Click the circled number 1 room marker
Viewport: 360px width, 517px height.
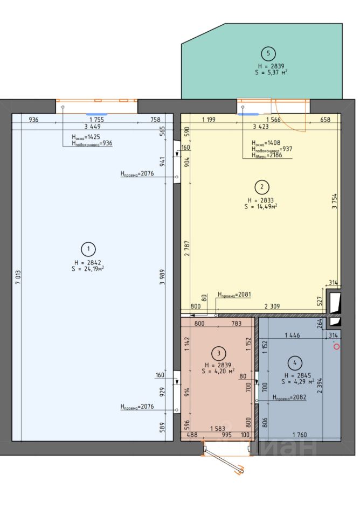88,249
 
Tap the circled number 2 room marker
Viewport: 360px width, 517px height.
262,187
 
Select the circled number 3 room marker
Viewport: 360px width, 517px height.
218,353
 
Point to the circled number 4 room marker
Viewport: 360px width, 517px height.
295,363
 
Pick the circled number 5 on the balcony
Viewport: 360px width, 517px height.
268,53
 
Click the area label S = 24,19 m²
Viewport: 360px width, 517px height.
88,269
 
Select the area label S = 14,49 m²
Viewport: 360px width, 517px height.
261,206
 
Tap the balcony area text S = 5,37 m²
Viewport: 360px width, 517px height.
271,72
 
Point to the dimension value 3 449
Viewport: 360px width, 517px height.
92,126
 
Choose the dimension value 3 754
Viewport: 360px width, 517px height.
335,201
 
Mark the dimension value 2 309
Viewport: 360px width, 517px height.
272,306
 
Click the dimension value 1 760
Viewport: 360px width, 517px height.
300,435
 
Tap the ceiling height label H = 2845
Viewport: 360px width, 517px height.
297,375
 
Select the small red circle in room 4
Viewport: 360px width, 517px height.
336,346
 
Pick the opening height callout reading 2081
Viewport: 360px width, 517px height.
234,295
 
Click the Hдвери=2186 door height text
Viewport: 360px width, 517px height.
267,155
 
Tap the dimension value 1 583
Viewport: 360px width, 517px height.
218,429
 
